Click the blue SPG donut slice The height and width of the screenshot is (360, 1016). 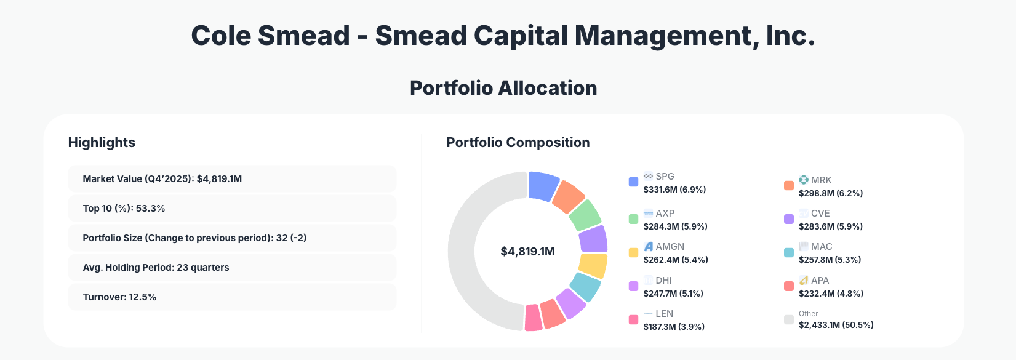point(543,185)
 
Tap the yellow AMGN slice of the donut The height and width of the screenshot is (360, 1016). point(593,265)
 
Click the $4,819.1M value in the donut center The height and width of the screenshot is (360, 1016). point(527,252)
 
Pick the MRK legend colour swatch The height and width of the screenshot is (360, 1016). point(788,186)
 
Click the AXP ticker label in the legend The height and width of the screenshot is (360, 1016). point(665,214)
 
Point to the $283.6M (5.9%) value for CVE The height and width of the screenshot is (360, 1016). point(830,226)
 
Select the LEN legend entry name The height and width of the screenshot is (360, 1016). point(664,314)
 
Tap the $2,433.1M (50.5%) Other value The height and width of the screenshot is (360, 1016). point(836,325)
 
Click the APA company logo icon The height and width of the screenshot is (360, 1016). point(803,280)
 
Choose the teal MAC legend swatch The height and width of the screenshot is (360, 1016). point(788,252)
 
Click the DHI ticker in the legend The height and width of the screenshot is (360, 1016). point(663,281)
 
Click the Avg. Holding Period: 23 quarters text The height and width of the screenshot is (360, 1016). point(156,268)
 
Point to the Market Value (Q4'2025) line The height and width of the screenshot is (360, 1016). point(162,179)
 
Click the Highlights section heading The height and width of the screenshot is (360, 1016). point(102,143)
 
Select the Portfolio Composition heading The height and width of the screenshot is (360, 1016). point(518,143)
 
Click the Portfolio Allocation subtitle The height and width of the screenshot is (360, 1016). point(503,88)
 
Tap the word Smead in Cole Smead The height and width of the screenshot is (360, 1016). point(303,36)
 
